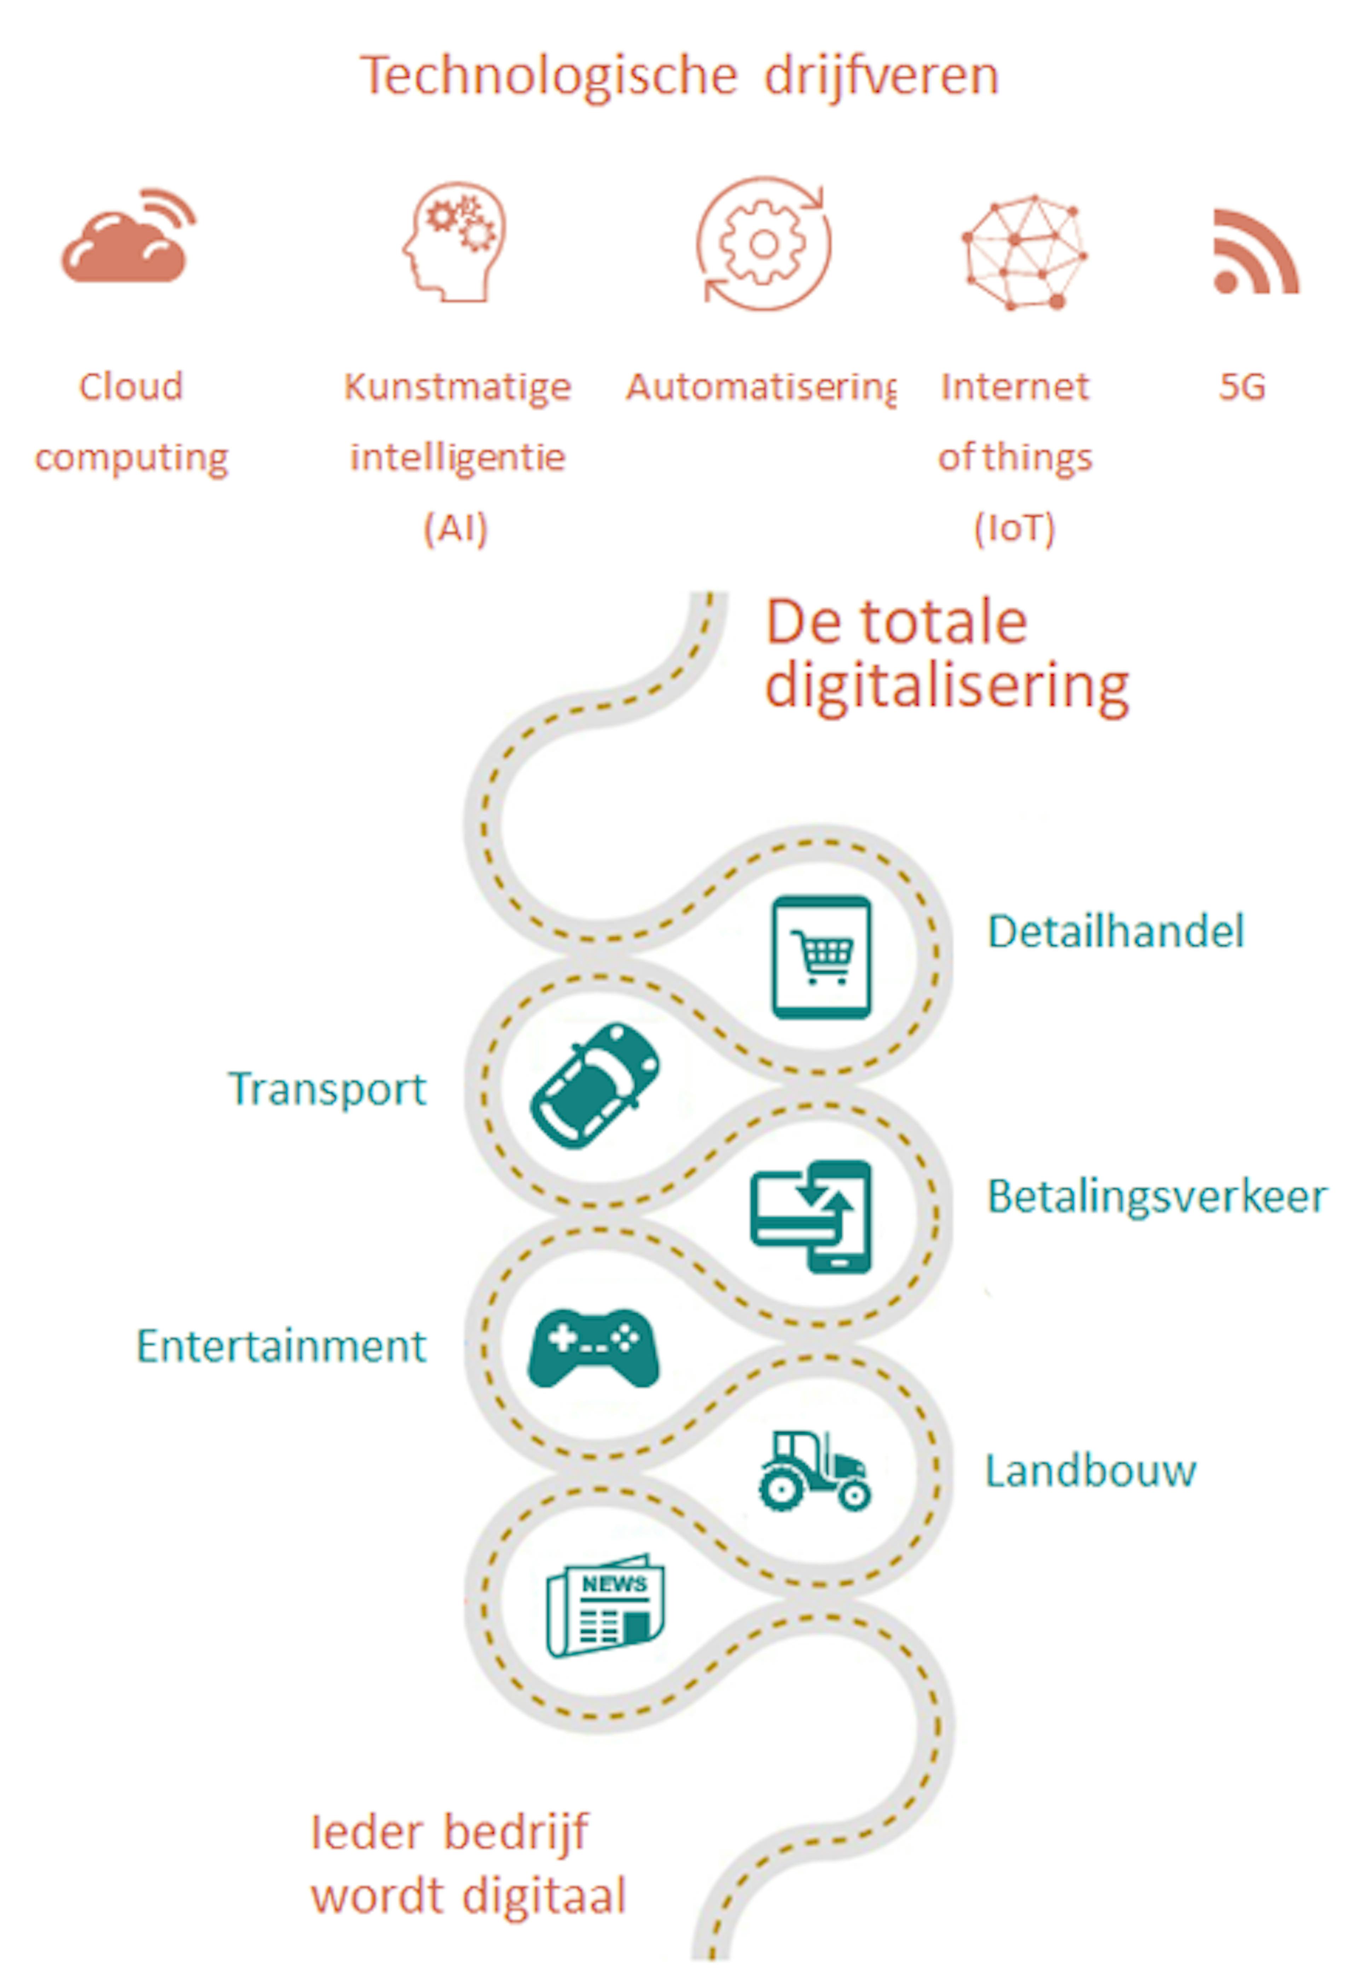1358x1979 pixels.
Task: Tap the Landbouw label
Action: [1091, 1470]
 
